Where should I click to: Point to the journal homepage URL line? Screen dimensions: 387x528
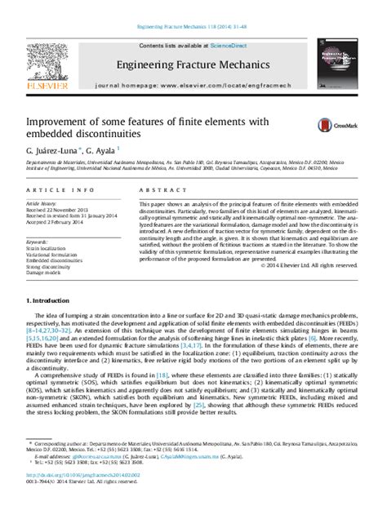click(x=194, y=84)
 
